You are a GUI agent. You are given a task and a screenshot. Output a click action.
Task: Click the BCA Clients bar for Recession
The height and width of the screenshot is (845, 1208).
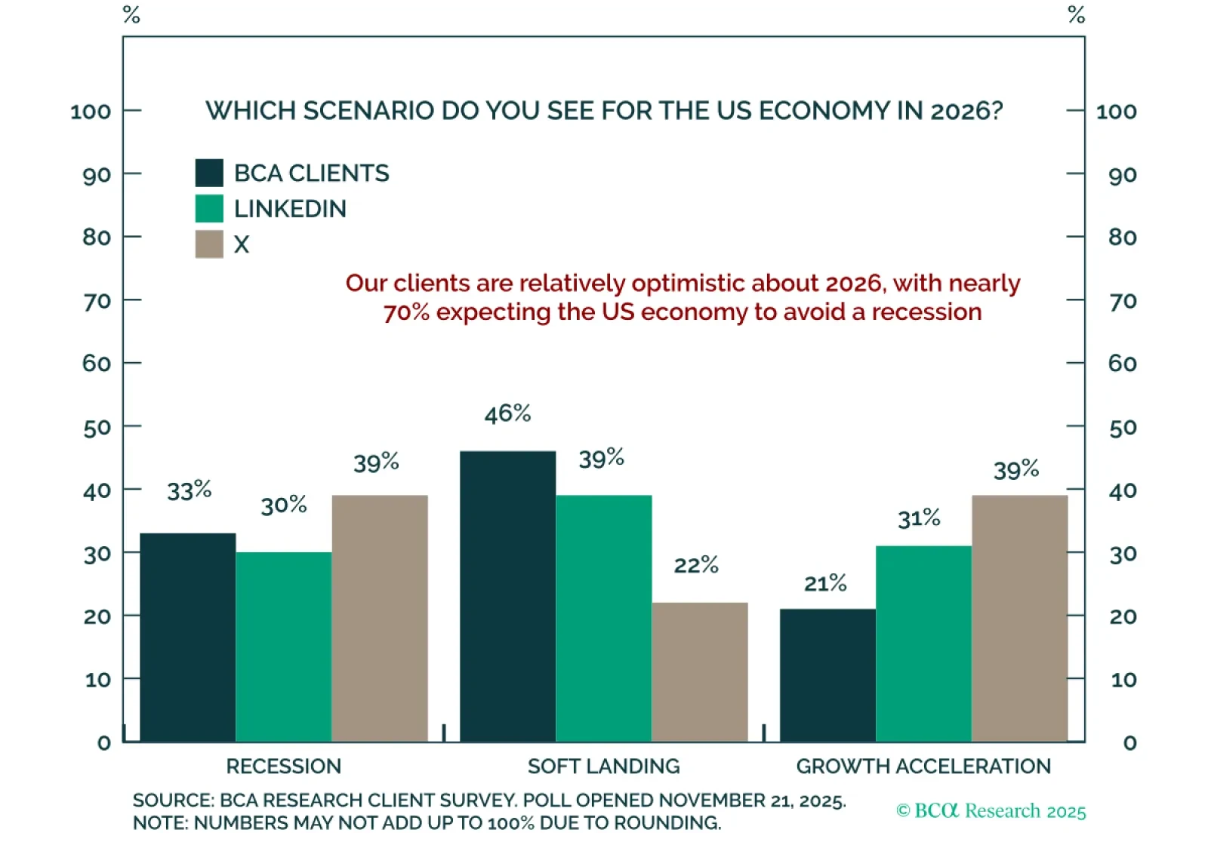click(x=188, y=638)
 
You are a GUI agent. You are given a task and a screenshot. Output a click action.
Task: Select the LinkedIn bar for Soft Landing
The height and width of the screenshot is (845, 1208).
click(x=604, y=619)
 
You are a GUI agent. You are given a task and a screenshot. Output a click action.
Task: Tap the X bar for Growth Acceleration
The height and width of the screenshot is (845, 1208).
click(x=1020, y=619)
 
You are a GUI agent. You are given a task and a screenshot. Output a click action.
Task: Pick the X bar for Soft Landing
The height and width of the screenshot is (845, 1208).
click(x=700, y=672)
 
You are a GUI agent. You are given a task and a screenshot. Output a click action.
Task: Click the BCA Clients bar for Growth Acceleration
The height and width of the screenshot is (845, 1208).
click(x=827, y=675)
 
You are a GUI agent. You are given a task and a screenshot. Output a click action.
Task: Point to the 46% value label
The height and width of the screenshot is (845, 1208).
click(x=507, y=413)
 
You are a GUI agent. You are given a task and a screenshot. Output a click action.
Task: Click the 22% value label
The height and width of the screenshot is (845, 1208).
click(x=696, y=565)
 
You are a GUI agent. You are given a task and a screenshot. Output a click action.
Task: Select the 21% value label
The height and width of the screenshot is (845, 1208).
click(x=825, y=583)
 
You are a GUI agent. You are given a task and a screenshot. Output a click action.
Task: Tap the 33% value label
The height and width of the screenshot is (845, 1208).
click(x=189, y=490)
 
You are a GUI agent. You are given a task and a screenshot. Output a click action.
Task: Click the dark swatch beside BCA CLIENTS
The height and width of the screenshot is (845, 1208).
click(x=209, y=173)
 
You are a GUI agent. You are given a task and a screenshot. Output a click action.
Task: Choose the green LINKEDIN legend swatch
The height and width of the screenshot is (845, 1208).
click(x=209, y=208)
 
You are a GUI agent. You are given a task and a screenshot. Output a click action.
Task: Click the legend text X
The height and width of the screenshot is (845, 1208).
click(x=242, y=244)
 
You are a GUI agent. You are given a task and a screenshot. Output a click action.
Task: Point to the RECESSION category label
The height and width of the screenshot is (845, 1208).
click(x=284, y=767)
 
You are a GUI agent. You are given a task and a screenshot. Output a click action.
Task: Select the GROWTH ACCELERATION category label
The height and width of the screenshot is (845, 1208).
click(x=923, y=767)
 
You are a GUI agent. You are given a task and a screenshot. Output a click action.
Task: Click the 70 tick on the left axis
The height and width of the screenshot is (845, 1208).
click(x=97, y=301)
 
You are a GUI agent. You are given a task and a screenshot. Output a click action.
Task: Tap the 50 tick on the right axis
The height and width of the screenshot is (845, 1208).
click(x=1123, y=427)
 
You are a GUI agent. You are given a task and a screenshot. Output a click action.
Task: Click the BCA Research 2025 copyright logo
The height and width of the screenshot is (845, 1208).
click(x=991, y=811)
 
